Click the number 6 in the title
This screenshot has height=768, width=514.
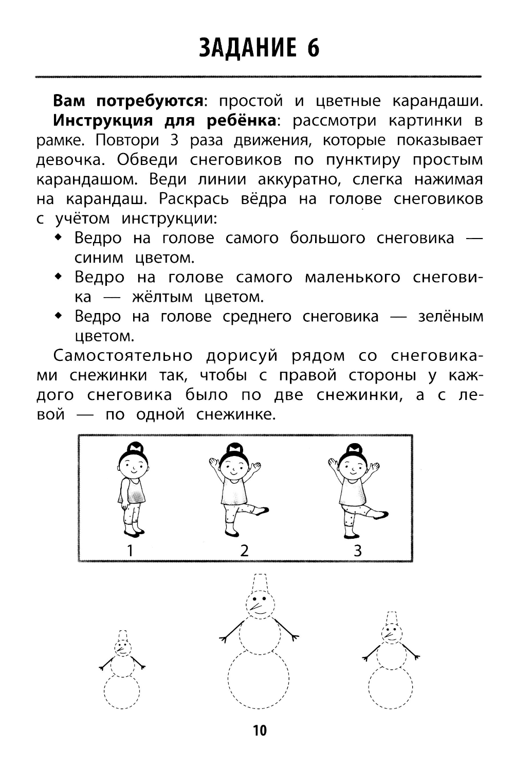[313, 48]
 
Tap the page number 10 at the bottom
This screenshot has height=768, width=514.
[260, 730]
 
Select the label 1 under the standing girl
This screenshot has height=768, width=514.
[130, 551]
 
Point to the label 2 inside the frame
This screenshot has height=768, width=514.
[245, 551]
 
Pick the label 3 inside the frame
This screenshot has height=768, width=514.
[358, 551]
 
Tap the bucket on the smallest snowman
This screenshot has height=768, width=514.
[122, 634]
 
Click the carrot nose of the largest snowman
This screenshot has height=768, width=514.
[257, 608]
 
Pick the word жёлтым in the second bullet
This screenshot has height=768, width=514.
[162, 297]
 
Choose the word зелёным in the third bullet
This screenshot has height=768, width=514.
[450, 316]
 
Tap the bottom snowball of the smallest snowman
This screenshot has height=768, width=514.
[122, 692]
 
